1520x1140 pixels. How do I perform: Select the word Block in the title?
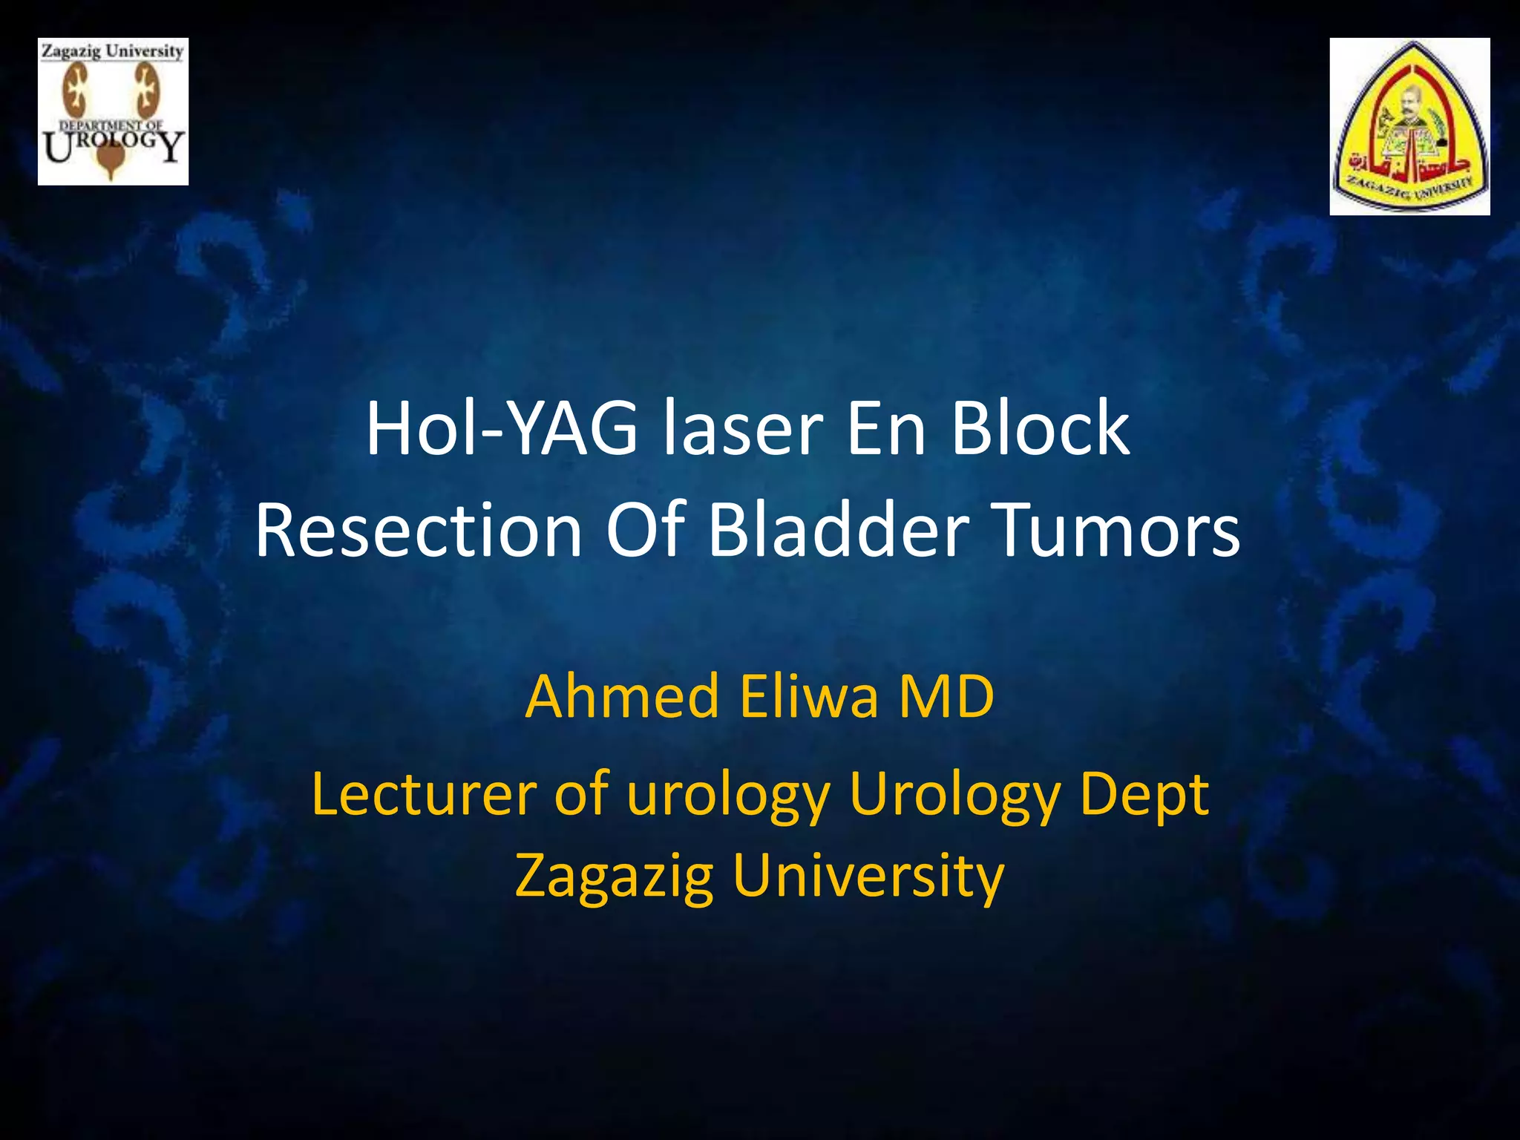1041,429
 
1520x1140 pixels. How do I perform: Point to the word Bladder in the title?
839,530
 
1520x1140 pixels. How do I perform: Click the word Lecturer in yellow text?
423,794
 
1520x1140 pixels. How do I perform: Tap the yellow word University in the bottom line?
868,876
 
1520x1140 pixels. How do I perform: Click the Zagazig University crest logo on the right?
1409,126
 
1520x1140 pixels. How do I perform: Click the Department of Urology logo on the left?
113,111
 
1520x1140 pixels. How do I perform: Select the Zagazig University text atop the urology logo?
112,51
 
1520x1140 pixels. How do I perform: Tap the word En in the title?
886,429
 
